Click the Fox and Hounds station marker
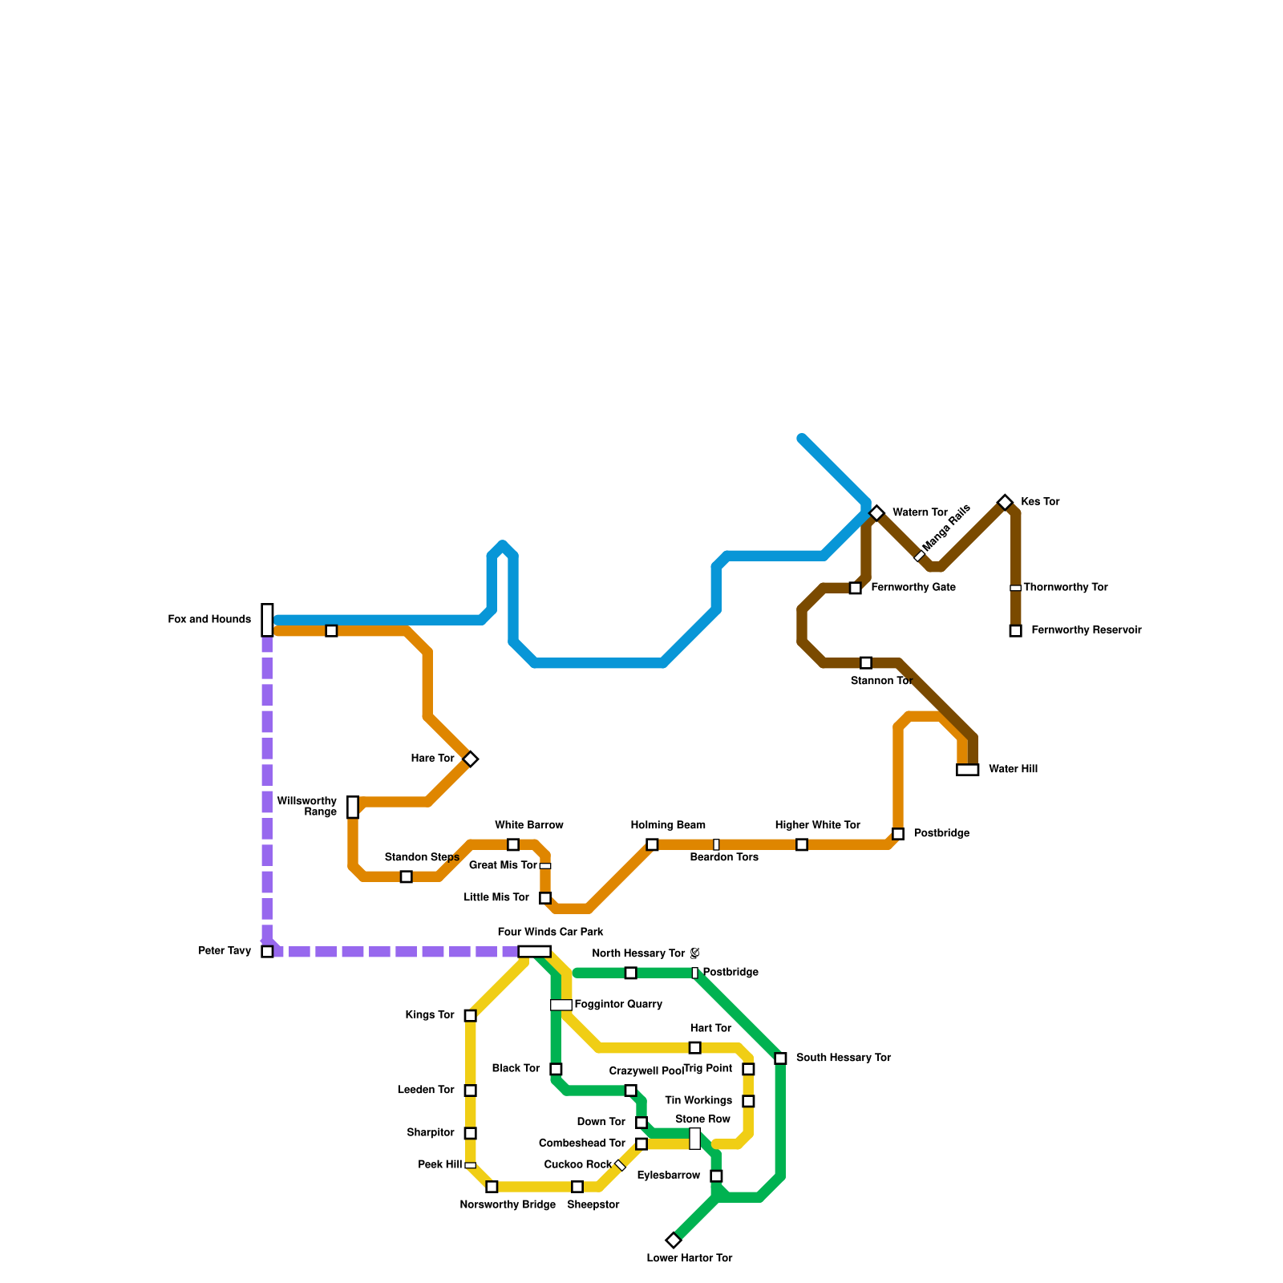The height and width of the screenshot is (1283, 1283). [267, 620]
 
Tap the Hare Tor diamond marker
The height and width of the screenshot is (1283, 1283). [471, 759]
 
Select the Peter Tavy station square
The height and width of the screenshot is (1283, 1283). [267, 952]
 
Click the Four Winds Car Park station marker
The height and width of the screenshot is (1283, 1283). [534, 952]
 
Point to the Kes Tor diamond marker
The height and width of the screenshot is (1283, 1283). [1005, 503]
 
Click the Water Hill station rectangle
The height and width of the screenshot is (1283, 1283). [968, 770]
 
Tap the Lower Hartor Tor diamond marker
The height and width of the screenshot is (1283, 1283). [674, 1241]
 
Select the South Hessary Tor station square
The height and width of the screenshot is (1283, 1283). [780, 1058]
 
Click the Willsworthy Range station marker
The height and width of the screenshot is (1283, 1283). [353, 807]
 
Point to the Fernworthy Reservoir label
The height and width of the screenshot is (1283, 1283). [1086, 630]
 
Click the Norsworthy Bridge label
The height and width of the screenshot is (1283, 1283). [508, 1204]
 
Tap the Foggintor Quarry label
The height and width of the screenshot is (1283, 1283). [618, 1005]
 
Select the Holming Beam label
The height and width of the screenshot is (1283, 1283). [668, 825]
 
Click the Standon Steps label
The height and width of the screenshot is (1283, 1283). [422, 857]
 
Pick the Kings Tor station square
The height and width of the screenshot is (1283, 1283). [471, 1016]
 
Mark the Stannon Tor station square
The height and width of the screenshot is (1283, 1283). [866, 663]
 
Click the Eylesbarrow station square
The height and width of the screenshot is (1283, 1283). [716, 1176]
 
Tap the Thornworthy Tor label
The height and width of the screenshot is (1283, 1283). [1065, 588]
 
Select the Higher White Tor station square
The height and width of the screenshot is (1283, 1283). [802, 844]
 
